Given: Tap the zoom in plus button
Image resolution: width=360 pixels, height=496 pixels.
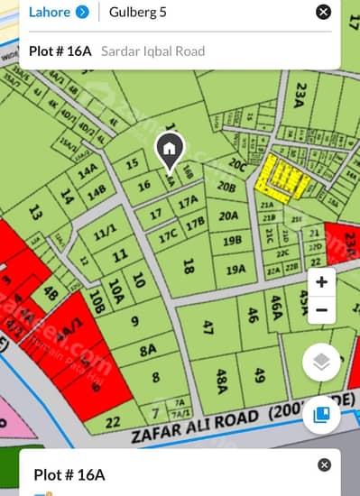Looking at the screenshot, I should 321,282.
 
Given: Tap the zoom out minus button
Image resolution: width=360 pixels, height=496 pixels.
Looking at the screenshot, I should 321,310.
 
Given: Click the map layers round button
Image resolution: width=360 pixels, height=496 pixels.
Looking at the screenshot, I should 321,363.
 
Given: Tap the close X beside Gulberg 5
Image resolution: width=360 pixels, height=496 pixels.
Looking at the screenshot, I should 323,12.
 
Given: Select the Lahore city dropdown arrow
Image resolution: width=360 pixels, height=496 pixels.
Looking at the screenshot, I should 82,12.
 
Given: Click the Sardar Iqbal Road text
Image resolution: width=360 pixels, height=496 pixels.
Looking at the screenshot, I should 152,51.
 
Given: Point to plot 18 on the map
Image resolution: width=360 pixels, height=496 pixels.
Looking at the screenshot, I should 188,266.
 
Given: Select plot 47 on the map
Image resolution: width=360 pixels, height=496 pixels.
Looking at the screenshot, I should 208,326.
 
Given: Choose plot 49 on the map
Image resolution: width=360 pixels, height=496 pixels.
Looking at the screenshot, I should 259,374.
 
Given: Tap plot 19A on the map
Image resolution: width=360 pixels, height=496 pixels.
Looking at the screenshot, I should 235,269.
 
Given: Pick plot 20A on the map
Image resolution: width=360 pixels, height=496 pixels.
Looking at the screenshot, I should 228,216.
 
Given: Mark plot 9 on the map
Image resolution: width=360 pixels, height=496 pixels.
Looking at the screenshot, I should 134,320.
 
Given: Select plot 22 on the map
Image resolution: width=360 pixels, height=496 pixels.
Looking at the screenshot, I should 112,421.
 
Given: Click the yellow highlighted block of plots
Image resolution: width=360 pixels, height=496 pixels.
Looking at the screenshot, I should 279,177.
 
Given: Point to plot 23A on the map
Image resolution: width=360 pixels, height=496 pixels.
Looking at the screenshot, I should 300,95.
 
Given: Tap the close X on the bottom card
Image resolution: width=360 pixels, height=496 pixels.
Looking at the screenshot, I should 324,464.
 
